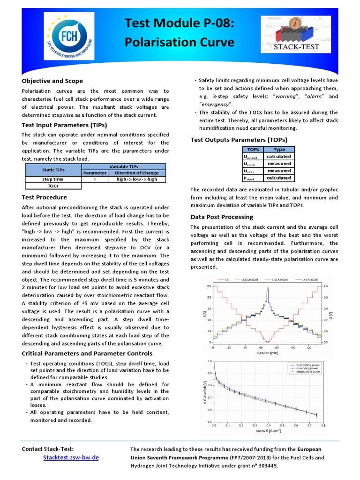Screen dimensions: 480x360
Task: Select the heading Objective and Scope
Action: click(52, 81)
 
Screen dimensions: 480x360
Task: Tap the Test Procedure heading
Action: click(45, 197)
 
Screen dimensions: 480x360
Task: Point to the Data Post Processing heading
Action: click(222, 217)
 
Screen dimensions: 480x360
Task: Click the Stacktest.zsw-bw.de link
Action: click(71, 457)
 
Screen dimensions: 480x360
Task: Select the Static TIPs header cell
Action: click(53, 170)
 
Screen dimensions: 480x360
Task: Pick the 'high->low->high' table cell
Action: click(137, 180)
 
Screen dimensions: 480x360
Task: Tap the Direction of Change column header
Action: click(137, 173)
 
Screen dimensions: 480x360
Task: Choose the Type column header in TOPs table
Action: click(279, 149)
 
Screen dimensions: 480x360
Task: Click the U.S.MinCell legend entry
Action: click(310, 280)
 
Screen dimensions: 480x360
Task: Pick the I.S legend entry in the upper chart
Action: click(226, 280)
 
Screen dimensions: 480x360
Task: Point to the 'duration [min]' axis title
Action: click(266, 352)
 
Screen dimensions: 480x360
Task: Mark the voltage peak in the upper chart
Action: click(268, 289)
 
